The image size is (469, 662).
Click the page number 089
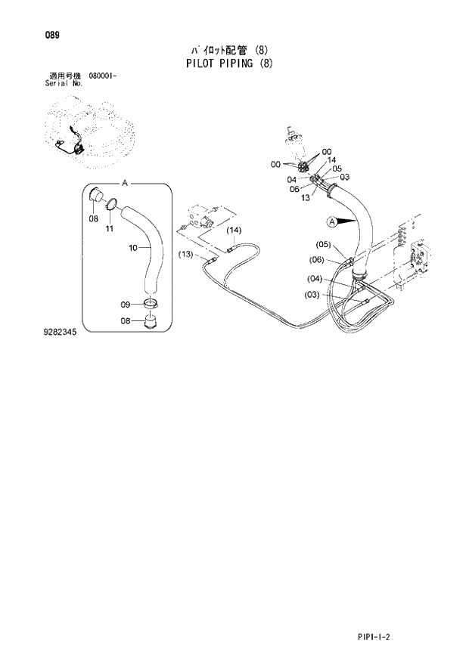click(x=52, y=36)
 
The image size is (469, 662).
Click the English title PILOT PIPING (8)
click(x=228, y=63)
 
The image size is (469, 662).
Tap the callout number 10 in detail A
click(x=133, y=247)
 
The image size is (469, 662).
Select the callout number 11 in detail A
click(x=110, y=228)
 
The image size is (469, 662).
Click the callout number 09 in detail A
click(x=126, y=305)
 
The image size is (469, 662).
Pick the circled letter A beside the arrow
click(x=331, y=221)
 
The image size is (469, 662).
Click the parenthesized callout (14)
click(x=233, y=230)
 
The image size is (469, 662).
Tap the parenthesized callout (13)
click(x=187, y=254)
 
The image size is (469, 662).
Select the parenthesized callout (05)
click(x=324, y=244)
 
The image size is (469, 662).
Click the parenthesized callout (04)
click(x=315, y=278)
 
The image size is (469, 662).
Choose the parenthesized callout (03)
click(x=312, y=295)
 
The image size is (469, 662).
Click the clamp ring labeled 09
click(x=151, y=304)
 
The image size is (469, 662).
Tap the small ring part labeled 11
click(x=111, y=203)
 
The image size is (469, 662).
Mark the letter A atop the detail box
click(x=125, y=183)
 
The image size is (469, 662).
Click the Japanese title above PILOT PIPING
click(x=228, y=50)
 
